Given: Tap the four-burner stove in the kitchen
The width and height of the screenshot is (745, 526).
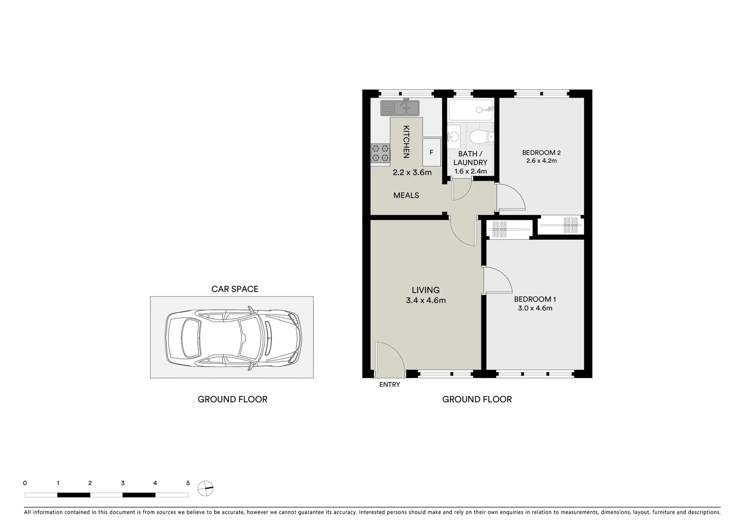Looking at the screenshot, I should (381, 152).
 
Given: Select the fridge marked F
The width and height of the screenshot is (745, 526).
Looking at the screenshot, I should (431, 152).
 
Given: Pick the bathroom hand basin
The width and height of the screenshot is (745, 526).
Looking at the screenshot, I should (454, 136).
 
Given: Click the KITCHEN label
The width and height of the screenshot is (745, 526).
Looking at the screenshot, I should (406, 142).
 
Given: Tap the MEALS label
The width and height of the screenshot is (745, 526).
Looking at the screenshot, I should (406, 195).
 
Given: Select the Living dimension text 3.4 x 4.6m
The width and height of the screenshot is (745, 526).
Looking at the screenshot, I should (425, 301).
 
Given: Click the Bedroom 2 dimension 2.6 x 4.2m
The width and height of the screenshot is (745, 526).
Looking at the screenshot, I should (541, 161).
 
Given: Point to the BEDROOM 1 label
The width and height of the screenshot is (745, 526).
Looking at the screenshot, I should (535, 299).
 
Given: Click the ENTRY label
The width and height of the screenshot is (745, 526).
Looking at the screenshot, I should (389, 385).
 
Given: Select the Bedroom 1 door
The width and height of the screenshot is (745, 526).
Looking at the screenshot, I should (497, 280).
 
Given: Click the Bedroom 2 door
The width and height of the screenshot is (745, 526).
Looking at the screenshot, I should (510, 197).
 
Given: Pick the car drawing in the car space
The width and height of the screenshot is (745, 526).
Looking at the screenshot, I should (233, 337).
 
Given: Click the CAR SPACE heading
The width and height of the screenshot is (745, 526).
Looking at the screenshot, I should (234, 289).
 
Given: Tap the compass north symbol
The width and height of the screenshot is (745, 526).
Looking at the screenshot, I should (206, 488).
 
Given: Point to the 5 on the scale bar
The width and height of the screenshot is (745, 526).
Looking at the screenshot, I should (188, 483).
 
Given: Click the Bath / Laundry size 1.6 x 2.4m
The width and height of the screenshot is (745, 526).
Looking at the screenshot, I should (470, 171).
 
